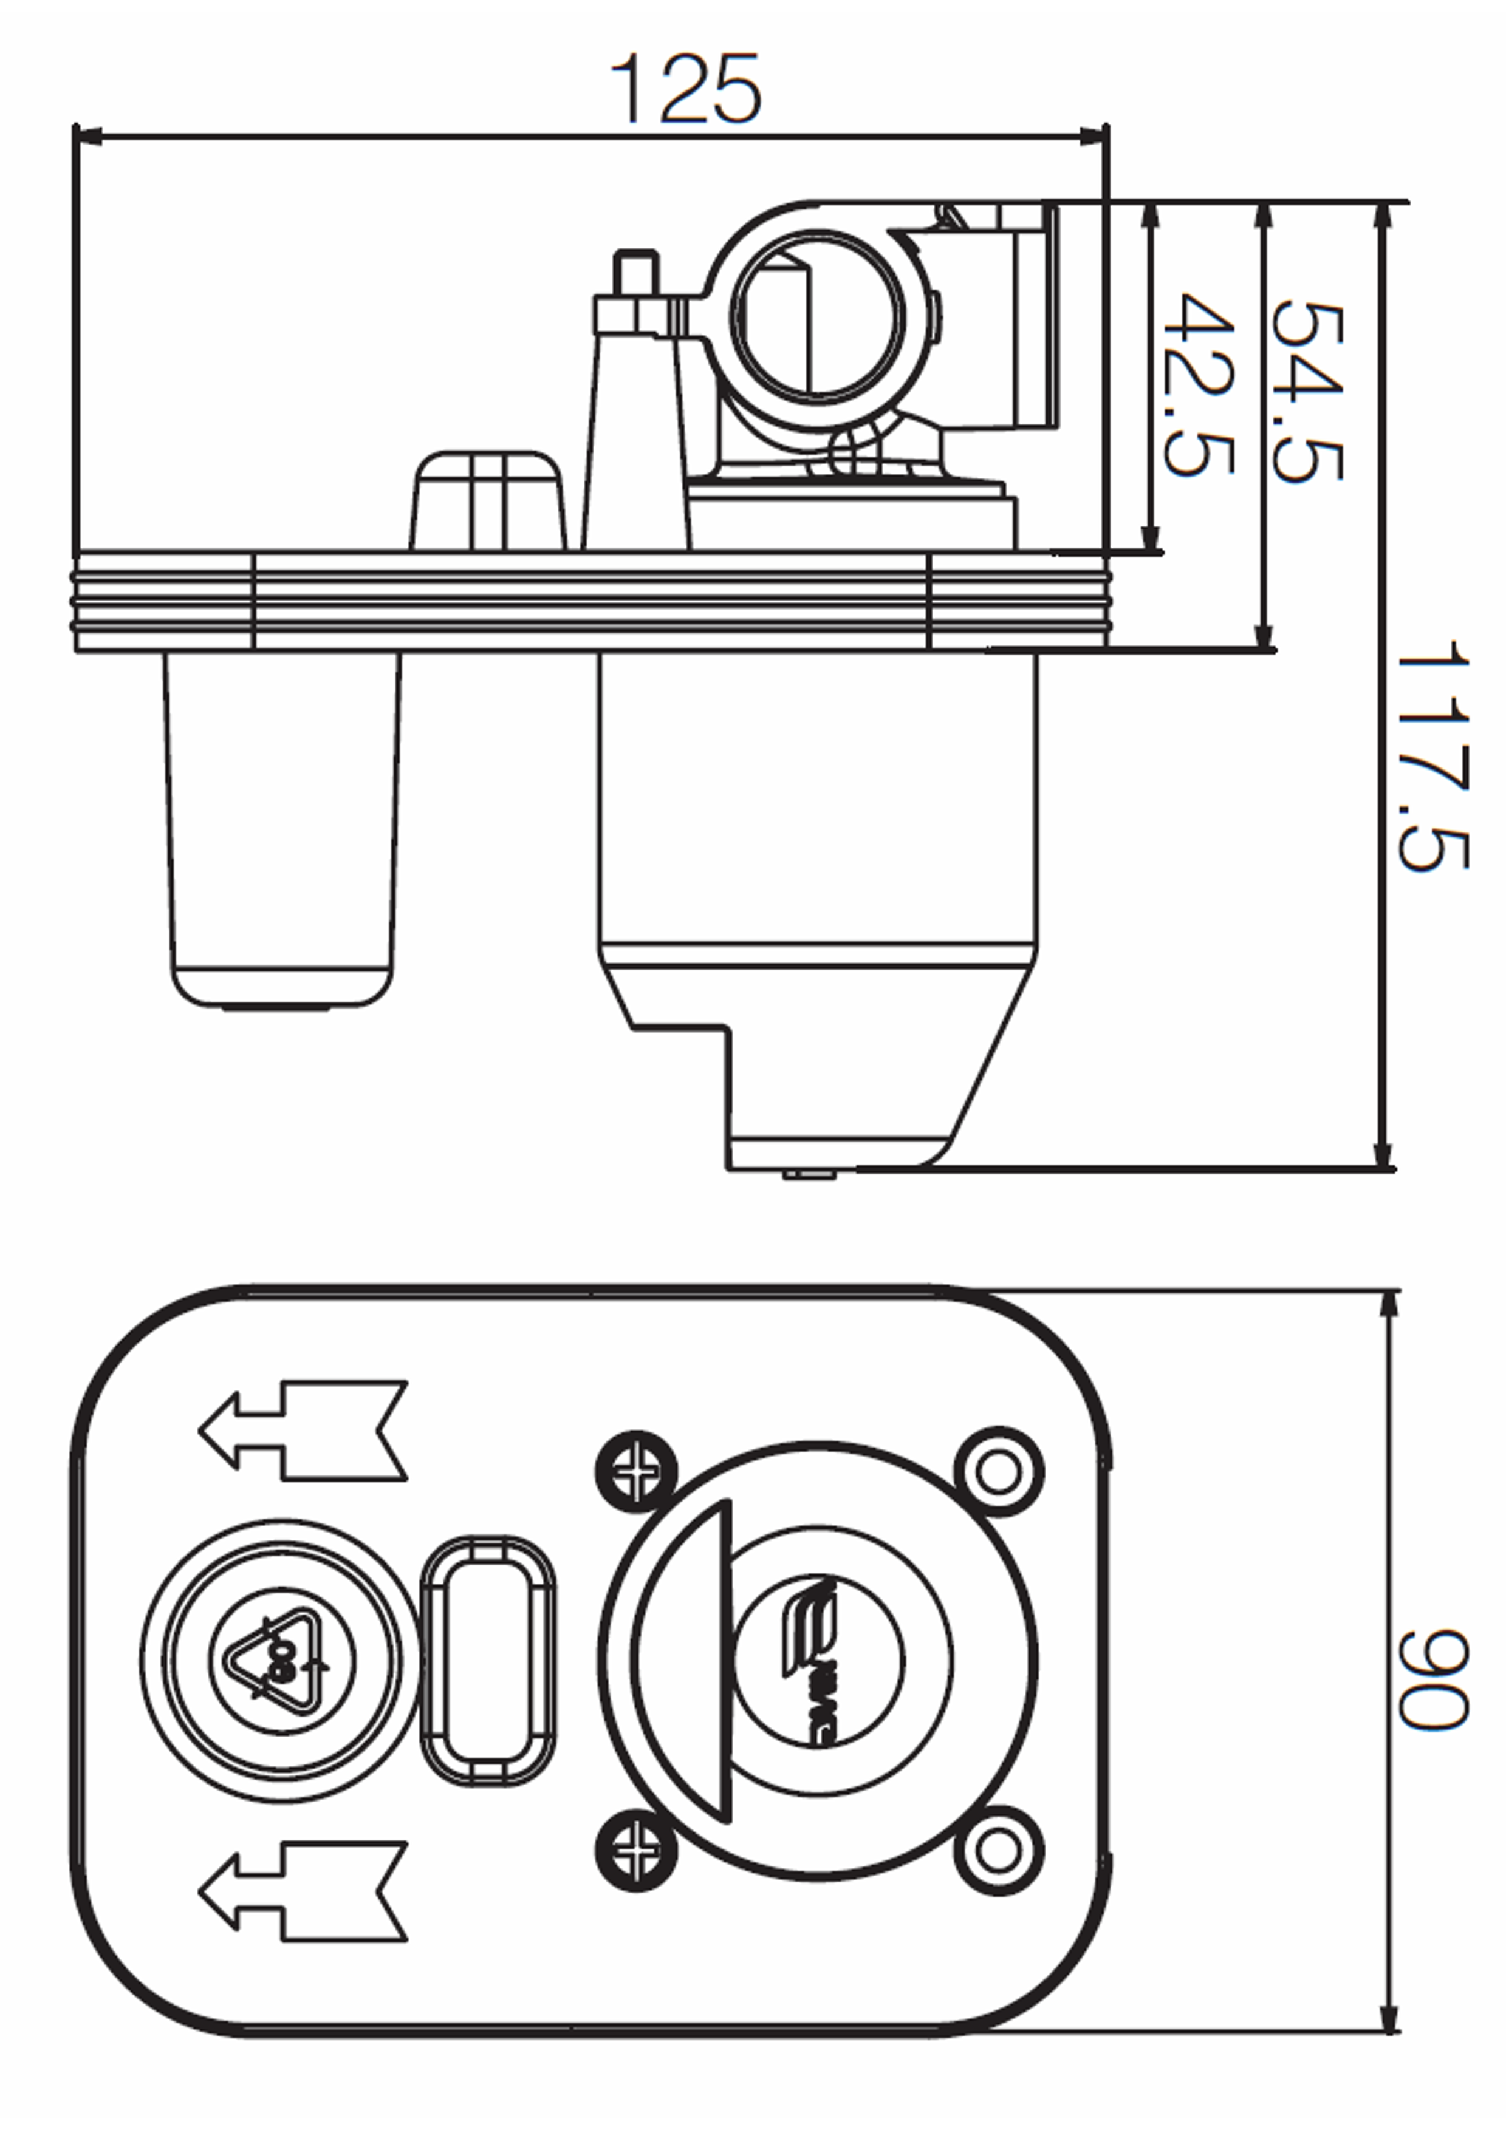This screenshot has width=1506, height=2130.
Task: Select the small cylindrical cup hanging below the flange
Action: pos(282,828)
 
